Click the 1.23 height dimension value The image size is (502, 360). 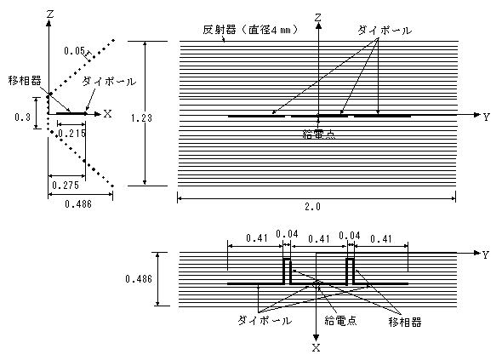coord(141,118)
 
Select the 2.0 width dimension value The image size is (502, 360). coord(312,207)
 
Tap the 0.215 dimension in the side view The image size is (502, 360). coord(71,133)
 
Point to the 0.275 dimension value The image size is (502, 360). coord(66,186)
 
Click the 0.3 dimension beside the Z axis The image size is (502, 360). coord(22,117)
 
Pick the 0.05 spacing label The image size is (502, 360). coord(75,51)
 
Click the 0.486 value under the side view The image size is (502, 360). coord(78,204)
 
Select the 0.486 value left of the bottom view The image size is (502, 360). coord(139,279)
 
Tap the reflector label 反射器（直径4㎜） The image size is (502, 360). coord(251,30)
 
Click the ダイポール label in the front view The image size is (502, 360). coord(385,31)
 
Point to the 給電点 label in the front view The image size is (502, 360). coord(319,134)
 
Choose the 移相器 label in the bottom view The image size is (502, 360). coord(405,322)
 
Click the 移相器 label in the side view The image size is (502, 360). coord(25,81)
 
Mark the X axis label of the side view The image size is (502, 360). coord(107,114)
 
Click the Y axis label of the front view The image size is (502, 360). coord(487,117)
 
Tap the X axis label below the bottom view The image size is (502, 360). coord(316,348)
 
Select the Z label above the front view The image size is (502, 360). coord(317,17)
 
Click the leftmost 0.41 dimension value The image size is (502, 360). coord(257,238)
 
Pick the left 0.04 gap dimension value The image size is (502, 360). coord(287,234)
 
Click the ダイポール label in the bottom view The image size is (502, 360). coord(265,321)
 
